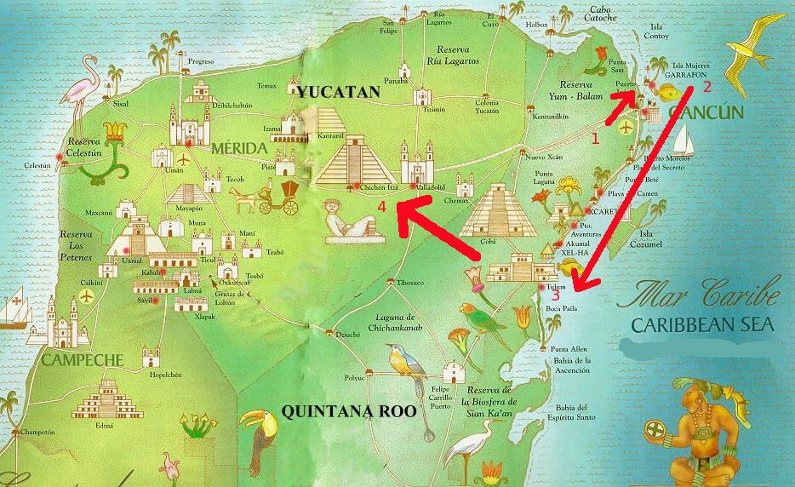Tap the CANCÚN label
tap(706, 112)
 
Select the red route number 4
tap(384, 206)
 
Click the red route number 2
tap(706, 85)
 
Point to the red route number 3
tap(555, 295)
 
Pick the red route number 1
tap(595, 135)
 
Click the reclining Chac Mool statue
tap(350, 223)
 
